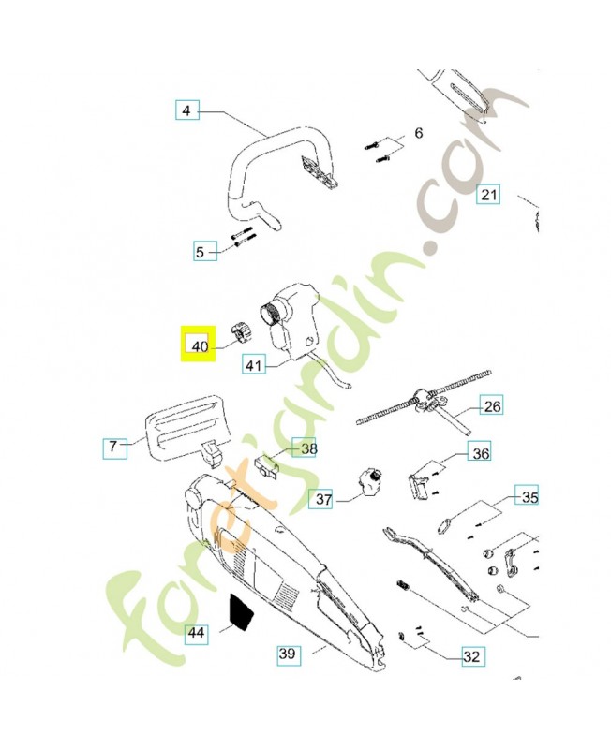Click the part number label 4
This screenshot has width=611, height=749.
[x=186, y=111]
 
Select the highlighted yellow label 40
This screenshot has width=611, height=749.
[x=198, y=345]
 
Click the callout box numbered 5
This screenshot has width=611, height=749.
[x=199, y=251]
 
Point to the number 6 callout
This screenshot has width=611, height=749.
[x=418, y=134]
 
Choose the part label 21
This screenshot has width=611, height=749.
[x=488, y=195]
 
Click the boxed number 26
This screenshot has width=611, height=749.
[x=492, y=406]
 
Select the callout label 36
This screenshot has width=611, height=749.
[x=480, y=454]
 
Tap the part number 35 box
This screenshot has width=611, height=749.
[x=529, y=497]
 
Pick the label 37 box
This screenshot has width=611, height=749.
[x=323, y=500]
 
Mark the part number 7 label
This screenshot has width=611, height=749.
[x=112, y=448]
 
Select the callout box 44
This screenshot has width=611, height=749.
[x=196, y=633]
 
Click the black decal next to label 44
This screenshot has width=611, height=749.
[x=241, y=614]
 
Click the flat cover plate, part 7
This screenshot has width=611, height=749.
[x=185, y=433]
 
